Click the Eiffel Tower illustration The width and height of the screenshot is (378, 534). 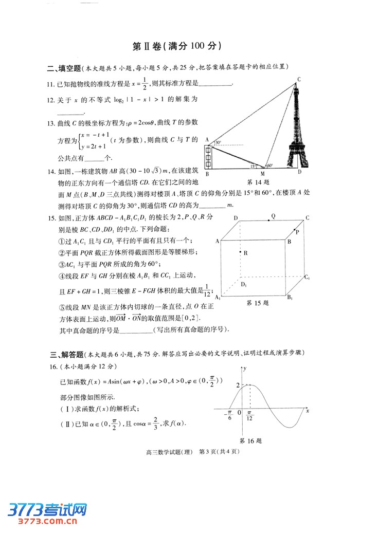coord(297,128)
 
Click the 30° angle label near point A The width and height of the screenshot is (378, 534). coord(218,142)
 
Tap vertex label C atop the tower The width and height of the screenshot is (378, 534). coord(299,79)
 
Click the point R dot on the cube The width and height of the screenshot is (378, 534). coord(240,252)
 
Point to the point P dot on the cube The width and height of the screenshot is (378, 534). coord(294,230)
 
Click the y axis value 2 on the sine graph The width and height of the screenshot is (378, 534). coord(238,385)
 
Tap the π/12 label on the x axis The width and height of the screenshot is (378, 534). coord(249,415)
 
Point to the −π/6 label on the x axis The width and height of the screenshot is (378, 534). coord(228,415)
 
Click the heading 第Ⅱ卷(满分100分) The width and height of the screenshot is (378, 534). coord(177,46)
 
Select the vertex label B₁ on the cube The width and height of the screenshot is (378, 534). coord(290,298)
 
